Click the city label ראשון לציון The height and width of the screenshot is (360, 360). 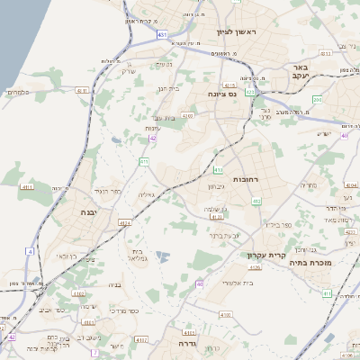pyautogui.click(x=237, y=32)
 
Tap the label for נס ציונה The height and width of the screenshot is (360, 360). pyautogui.click(x=220, y=93)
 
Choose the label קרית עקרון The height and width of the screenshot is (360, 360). pyautogui.click(x=265, y=255)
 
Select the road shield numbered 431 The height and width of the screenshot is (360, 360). pyautogui.click(x=161, y=34)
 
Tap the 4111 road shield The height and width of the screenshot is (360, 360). pyautogui.click(x=27, y=186)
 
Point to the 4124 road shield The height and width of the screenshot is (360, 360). pyautogui.click(x=126, y=220)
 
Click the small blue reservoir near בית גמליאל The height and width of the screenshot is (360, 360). pyautogui.click(x=163, y=257)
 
